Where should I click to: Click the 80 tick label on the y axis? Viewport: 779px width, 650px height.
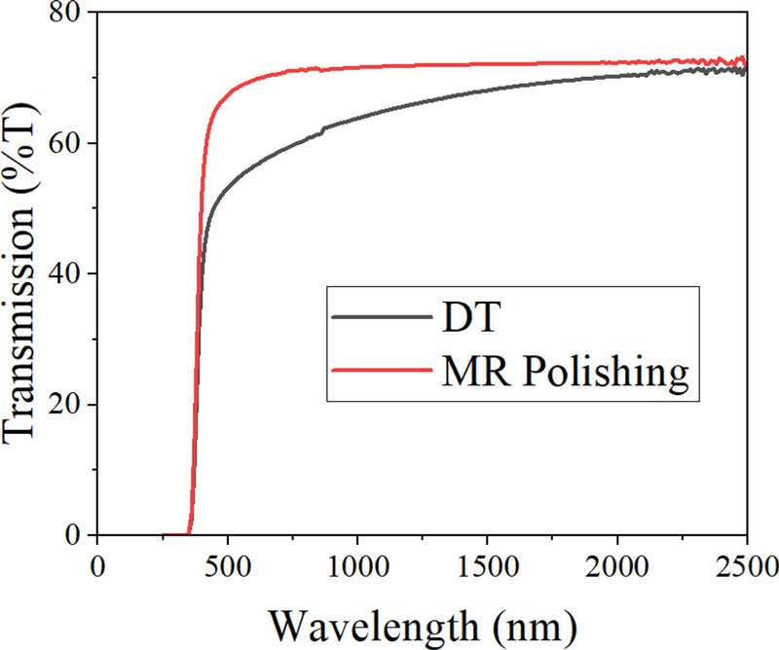pyautogui.click(x=69, y=14)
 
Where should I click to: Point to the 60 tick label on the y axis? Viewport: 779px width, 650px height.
pyautogui.click(x=69, y=144)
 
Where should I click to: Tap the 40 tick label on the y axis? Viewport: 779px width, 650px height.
pyautogui.click(x=69, y=274)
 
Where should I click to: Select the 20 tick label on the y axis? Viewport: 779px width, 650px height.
pyautogui.click(x=69, y=405)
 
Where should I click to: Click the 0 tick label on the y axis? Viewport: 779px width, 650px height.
pyautogui.click(x=78, y=535)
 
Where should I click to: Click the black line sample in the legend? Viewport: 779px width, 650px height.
pyautogui.click(x=380, y=317)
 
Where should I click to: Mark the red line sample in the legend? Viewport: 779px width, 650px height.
pyautogui.click(x=380, y=370)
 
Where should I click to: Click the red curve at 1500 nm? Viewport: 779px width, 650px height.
pyautogui.click(x=487, y=65)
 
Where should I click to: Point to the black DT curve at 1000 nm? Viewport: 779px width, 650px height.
pyautogui.click(x=357, y=119)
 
